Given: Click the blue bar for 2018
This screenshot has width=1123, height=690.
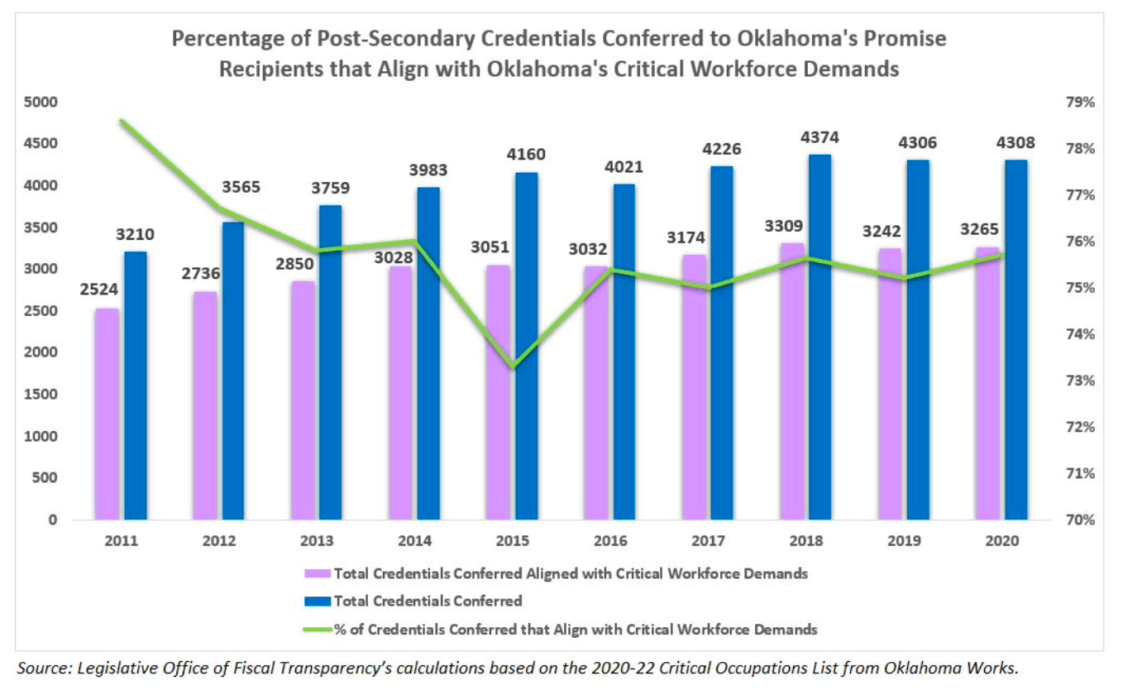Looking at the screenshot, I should click(820, 337).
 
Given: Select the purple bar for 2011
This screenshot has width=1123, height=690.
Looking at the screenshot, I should click(107, 414).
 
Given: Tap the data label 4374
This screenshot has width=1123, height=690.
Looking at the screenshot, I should click(820, 137).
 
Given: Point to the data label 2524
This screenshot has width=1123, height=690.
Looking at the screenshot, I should click(99, 290).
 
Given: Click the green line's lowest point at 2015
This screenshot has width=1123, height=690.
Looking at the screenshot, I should click(512, 367).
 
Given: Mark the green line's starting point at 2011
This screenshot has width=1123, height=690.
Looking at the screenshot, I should click(121, 121).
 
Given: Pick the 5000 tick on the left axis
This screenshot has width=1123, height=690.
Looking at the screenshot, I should click(41, 103).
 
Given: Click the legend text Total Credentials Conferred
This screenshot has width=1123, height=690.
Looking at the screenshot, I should click(428, 601).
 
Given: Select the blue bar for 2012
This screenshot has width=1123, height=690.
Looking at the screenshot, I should click(233, 371).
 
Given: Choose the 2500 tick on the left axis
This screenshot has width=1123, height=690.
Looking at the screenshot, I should click(41, 312).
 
